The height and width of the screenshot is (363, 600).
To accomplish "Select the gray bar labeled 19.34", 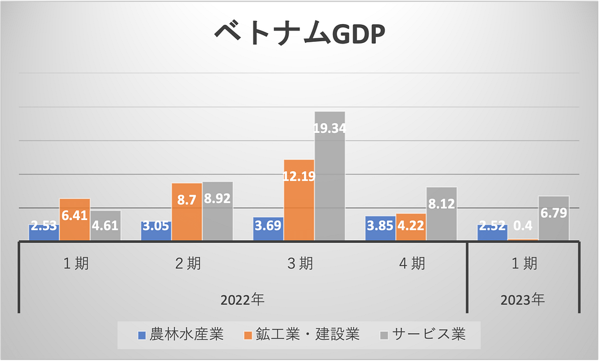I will point(329,176).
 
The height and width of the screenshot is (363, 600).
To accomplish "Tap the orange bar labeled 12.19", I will point(299,200).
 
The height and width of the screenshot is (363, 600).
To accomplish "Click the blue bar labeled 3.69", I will point(268,229).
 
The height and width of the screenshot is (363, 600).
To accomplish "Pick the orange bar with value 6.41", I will point(75,219).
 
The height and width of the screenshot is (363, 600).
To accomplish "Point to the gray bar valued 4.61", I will point(106,225).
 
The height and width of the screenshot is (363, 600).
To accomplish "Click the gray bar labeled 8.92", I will point(218,211).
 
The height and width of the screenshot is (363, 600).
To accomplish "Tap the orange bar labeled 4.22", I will point(411,227).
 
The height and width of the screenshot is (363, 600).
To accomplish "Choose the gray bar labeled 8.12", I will point(441,214).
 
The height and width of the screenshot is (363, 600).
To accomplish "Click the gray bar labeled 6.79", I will point(554,218).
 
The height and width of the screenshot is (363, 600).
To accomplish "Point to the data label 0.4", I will point(523,226).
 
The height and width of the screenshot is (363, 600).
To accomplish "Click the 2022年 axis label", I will point(242,299).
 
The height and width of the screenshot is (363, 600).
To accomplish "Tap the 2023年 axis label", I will point(523,299).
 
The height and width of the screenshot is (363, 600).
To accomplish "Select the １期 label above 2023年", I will point(523,264).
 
